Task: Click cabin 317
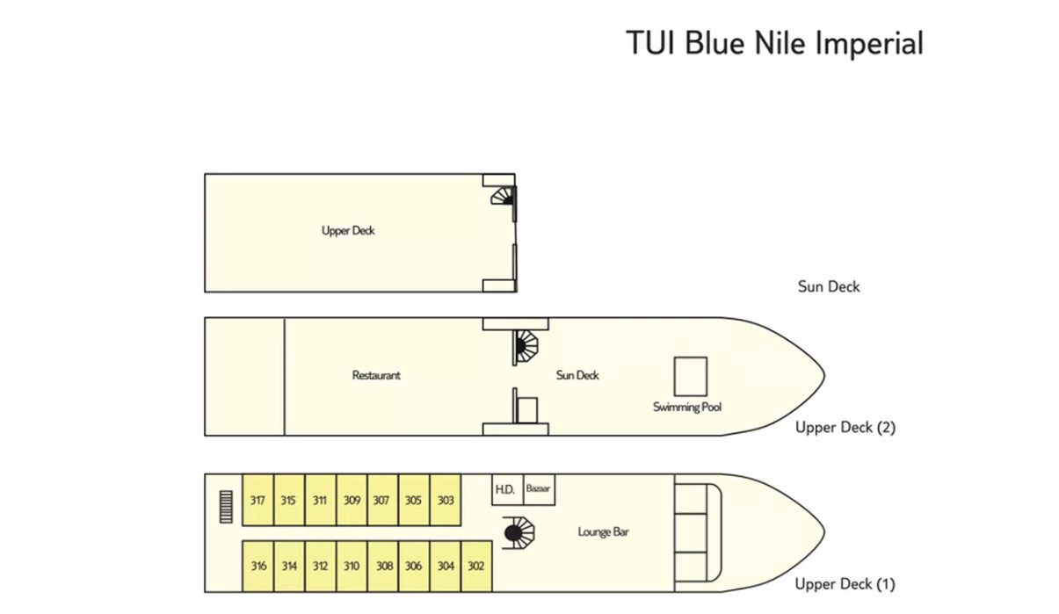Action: pos(257,500)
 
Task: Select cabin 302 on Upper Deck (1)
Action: pos(476,567)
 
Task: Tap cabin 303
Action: pos(446,500)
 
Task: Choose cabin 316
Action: pos(258,567)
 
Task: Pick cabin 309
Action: pos(352,500)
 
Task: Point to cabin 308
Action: pos(383,567)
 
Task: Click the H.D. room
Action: pos(507,489)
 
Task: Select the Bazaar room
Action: pos(539,489)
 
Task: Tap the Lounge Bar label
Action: pos(603,531)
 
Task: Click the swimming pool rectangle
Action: pos(690,376)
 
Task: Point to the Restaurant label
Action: pos(376,375)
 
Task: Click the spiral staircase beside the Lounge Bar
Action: pos(519,532)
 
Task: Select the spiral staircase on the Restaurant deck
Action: pos(526,346)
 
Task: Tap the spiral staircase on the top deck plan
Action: pos(503,196)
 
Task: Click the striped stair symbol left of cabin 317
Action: pos(226,507)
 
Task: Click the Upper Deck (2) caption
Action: pos(845,427)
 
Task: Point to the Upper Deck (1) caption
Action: pos(845,584)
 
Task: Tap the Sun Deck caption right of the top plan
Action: pos(829,286)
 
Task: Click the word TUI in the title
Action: pos(652,43)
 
